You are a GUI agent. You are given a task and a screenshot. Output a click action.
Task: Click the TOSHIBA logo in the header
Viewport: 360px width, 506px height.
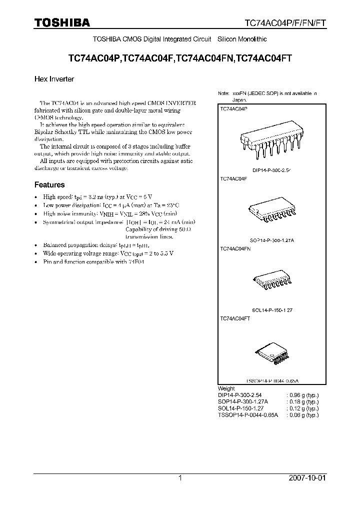[x=62, y=22]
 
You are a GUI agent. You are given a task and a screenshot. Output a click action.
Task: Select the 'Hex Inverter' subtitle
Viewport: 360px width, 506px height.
[x=54, y=79]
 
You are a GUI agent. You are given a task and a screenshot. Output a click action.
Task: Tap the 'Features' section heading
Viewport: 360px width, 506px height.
[x=49, y=184]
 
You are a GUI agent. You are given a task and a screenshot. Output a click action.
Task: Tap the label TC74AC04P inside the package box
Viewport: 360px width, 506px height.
[x=233, y=108]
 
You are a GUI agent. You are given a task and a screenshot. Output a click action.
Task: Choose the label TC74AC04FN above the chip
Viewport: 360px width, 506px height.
[x=235, y=248]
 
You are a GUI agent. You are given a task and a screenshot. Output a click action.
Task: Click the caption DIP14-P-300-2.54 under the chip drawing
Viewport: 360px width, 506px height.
[x=271, y=170]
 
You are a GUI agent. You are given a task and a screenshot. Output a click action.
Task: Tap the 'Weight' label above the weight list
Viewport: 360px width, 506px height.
[x=226, y=388]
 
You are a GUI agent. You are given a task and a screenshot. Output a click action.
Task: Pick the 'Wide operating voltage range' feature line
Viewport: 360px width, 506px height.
[x=108, y=253]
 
